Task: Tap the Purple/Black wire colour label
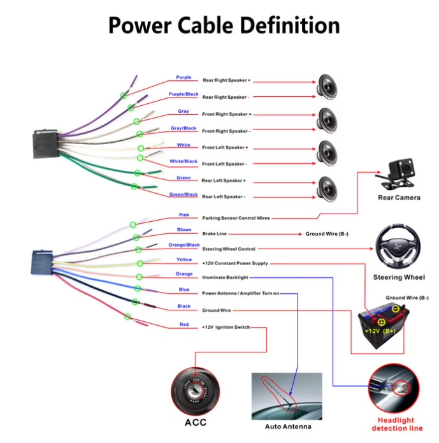pyautogui.click(x=184, y=94)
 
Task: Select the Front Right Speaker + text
pyautogui.click(x=227, y=114)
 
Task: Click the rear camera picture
pyautogui.click(x=396, y=174)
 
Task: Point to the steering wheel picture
pyautogui.click(x=398, y=247)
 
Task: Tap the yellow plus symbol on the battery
pyautogui.click(x=382, y=322)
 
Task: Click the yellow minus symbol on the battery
pyautogui.click(x=396, y=309)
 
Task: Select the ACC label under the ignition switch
pyautogui.click(x=196, y=423)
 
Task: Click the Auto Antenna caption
pyautogui.click(x=288, y=426)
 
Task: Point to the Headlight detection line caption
pyautogui.click(x=397, y=424)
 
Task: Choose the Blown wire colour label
pyautogui.click(x=184, y=229)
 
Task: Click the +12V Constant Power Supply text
pyautogui.click(x=234, y=263)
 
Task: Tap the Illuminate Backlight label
pyautogui.click(x=225, y=277)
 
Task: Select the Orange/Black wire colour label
pyautogui.click(x=184, y=245)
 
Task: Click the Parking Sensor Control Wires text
pyautogui.click(x=236, y=218)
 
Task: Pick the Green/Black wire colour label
pyautogui.click(x=184, y=194)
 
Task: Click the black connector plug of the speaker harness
pyautogui.click(x=46, y=143)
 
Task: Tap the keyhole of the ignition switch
pyautogui.click(x=195, y=391)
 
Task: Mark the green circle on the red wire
pyautogui.click(x=127, y=316)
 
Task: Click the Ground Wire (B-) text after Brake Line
pyautogui.click(x=327, y=234)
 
